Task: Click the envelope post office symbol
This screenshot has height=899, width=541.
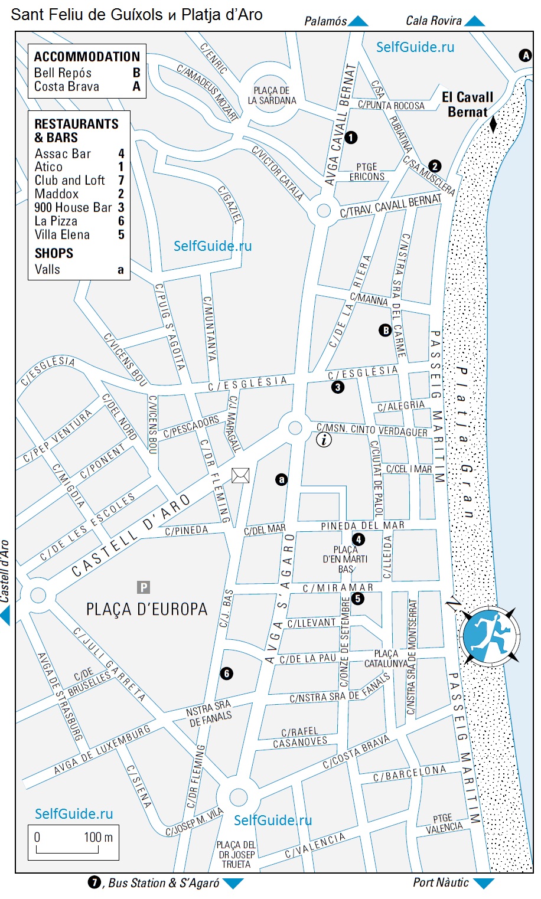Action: pos(240,475)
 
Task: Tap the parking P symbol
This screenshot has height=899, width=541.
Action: pos(144,587)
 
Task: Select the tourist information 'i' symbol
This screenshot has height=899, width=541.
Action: pos(324,439)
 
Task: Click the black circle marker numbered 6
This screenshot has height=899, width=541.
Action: pos(226,674)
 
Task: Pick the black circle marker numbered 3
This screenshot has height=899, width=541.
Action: pos(338,387)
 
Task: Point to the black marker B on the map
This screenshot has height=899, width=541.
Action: pos(385,331)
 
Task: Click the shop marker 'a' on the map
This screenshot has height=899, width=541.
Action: pos(282,479)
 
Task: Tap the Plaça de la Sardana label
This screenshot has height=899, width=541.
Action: pos(272,96)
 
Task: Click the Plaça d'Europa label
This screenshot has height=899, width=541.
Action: pos(146,609)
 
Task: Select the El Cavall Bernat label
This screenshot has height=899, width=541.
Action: pos(467,104)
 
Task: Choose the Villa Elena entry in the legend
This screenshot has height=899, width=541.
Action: pos(79,235)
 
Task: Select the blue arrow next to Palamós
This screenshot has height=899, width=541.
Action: pos(358,22)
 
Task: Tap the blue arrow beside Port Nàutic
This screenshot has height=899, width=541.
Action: pos(484,884)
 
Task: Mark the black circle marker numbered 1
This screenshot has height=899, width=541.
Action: pos(351,138)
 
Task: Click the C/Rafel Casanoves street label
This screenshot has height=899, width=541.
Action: pos(300,737)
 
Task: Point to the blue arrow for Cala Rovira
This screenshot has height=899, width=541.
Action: pos(474,22)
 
